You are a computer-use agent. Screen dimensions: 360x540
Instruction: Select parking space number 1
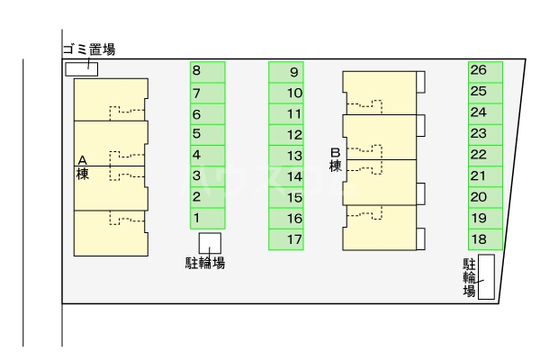click(207, 218)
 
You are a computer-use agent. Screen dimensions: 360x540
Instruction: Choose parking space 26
click(485, 71)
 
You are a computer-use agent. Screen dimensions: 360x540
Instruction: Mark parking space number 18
click(485, 239)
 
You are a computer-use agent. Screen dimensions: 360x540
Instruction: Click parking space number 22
click(485, 155)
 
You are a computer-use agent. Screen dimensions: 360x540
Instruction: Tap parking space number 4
click(207, 155)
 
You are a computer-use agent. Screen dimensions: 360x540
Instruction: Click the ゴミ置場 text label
click(88, 49)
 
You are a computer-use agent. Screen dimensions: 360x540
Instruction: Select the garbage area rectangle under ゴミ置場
click(82, 69)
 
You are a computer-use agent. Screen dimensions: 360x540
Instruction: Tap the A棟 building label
click(82, 166)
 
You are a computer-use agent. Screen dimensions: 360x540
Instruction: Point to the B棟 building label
click(335, 159)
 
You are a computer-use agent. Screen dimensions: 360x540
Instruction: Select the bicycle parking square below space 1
click(210, 243)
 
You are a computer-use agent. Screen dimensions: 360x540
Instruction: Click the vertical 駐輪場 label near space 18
click(469, 278)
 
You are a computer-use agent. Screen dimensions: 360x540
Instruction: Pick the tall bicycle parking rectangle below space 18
click(486, 276)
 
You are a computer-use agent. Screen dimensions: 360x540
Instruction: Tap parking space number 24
click(485, 112)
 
